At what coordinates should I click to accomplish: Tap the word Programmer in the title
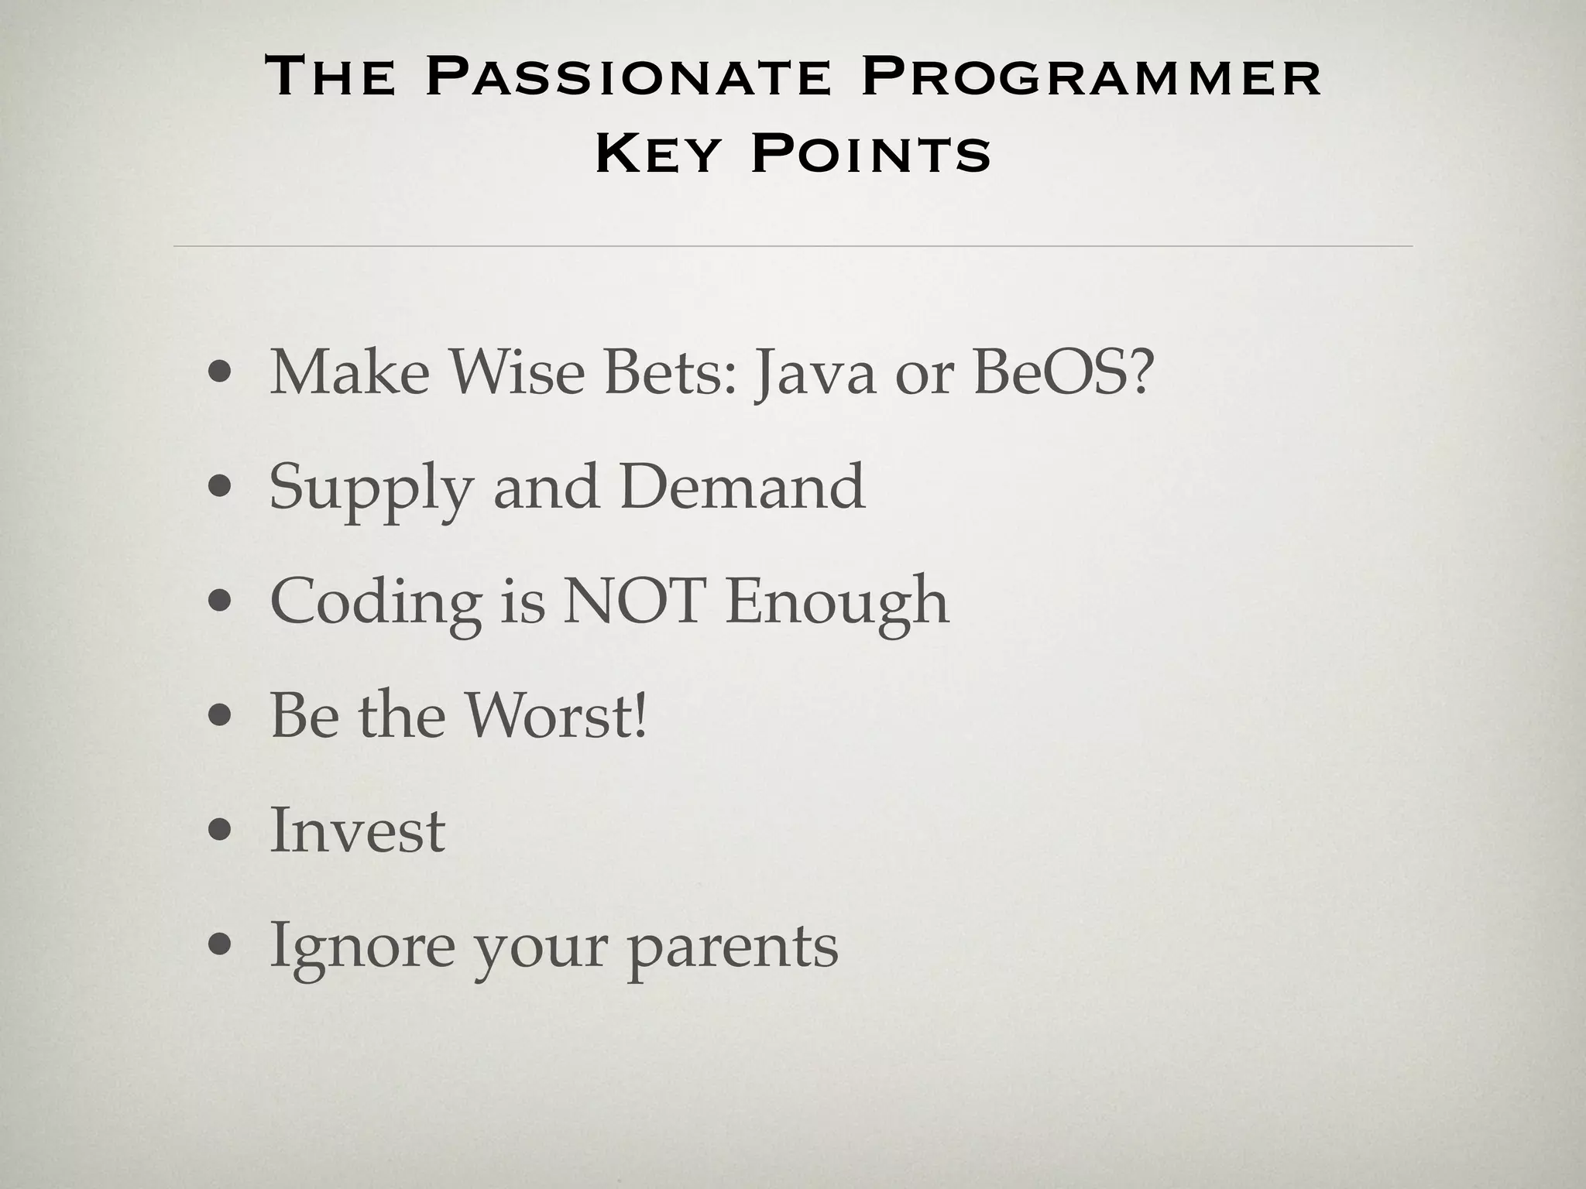1090,77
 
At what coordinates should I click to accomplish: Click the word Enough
836,604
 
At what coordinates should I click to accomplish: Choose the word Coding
376,604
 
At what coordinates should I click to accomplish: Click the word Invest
357,830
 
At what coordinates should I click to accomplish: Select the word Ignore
362,947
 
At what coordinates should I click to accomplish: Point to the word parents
732,947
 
